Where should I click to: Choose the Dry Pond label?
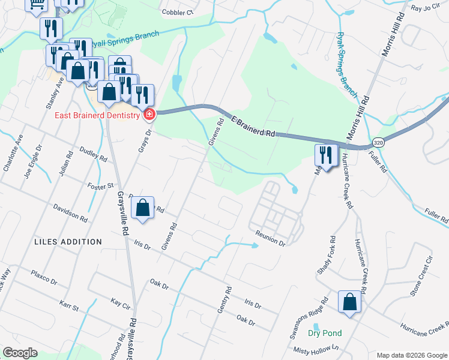coord(325,334)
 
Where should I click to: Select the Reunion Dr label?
coord(270,238)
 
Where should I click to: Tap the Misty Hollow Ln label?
coord(316,349)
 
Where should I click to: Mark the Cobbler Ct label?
coord(178,12)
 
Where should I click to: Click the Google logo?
coord(20,353)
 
